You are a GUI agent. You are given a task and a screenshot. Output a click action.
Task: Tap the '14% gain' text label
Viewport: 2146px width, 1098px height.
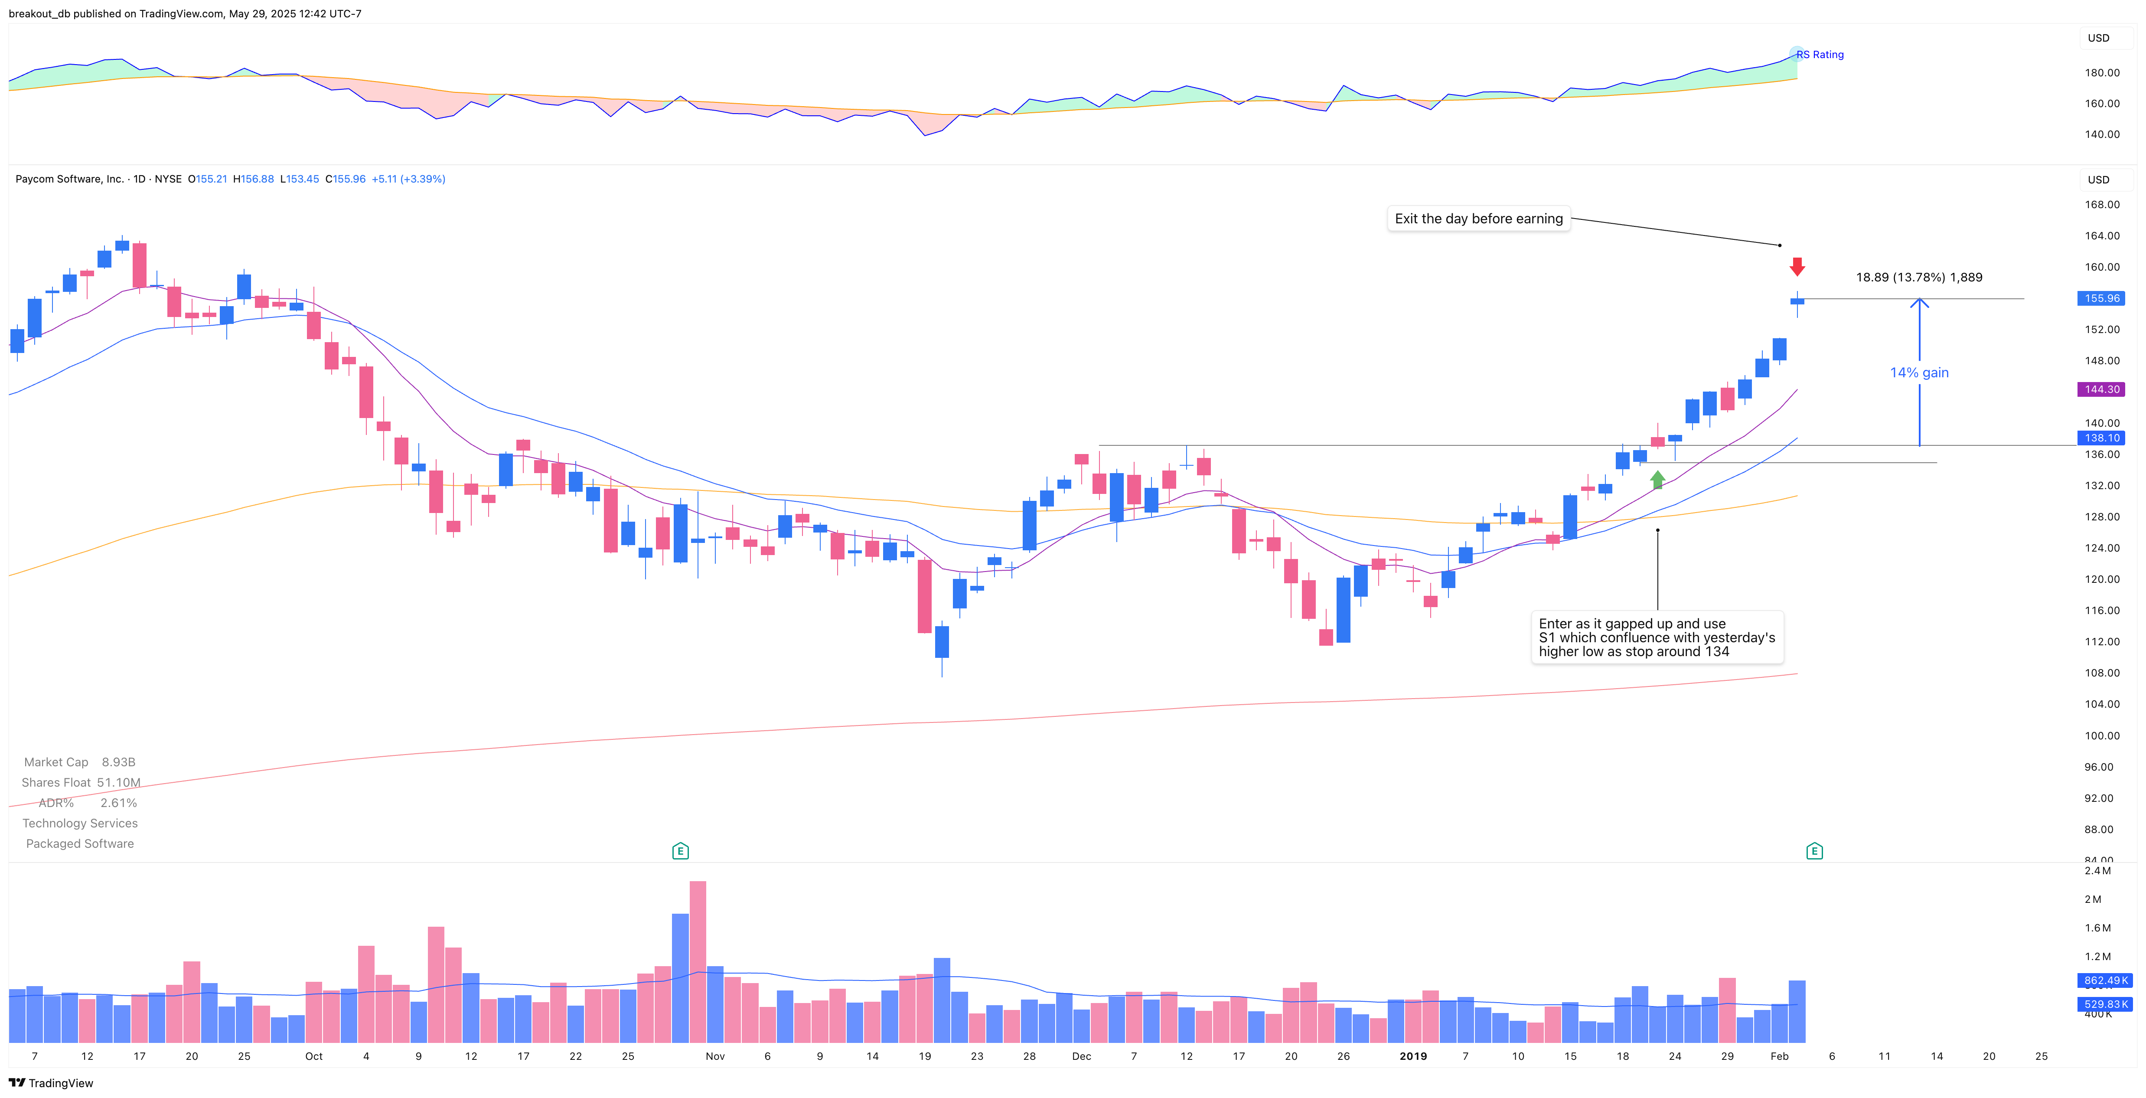[x=1918, y=373]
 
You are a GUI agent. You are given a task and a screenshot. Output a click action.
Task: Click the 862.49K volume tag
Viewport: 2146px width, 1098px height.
[x=2104, y=980]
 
